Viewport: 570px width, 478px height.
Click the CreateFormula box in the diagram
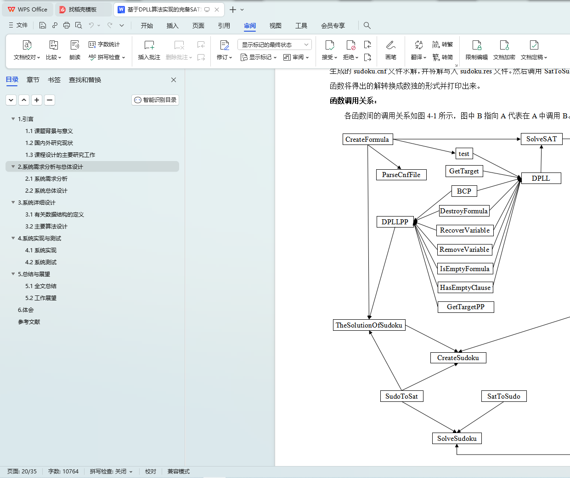coord(367,139)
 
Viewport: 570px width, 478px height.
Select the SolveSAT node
coord(542,139)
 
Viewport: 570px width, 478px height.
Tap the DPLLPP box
coord(395,222)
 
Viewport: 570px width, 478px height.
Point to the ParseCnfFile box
coord(401,175)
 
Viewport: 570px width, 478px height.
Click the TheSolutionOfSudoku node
coord(369,325)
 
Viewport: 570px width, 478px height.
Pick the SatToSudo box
coord(504,396)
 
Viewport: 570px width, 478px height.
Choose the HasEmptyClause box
coord(465,288)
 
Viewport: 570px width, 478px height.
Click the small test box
coord(464,154)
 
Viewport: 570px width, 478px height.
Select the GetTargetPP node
coord(466,307)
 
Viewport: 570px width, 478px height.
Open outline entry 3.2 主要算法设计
coord(46,227)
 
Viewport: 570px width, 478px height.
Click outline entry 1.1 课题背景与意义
coord(49,131)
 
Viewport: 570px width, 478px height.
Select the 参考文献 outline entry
coord(29,322)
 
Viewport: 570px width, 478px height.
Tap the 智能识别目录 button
coord(155,100)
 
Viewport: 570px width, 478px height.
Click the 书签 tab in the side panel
coord(54,80)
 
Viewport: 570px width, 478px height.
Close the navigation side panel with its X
coord(174,80)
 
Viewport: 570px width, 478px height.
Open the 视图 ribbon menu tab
coord(276,26)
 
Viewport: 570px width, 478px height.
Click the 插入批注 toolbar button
coord(149,50)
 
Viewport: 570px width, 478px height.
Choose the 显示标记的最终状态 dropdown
coord(275,44)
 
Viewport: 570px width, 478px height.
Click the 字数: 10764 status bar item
coord(63,472)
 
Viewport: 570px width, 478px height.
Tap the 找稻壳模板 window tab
coord(83,10)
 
